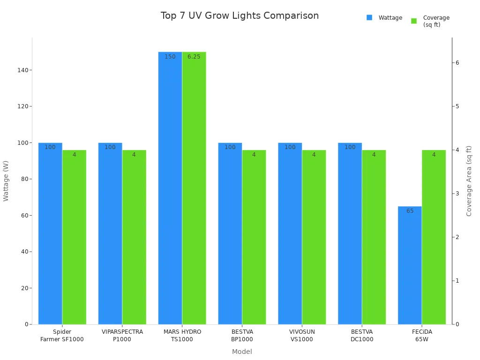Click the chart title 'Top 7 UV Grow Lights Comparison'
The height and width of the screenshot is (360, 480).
[240, 16]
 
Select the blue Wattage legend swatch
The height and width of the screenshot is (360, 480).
[369, 18]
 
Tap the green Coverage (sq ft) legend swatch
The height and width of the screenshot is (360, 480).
[414, 21]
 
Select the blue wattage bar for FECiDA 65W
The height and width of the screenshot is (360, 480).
[410, 267]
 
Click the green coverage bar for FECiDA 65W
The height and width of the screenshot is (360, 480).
[434, 239]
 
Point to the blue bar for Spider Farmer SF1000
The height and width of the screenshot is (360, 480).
[50, 234]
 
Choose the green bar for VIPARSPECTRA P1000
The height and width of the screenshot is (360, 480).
[134, 239]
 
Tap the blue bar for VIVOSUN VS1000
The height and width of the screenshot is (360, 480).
[290, 234]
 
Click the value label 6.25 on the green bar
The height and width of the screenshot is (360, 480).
[194, 57]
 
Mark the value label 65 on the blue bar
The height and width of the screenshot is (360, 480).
[410, 211]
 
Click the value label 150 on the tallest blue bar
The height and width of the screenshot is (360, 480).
[170, 57]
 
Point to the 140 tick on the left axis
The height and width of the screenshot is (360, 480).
[22, 70]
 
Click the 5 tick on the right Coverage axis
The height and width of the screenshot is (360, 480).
[457, 106]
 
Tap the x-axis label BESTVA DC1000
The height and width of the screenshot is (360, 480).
[362, 336]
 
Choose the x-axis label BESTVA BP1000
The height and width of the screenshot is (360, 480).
[242, 336]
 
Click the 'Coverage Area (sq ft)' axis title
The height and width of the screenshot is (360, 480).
[469, 181]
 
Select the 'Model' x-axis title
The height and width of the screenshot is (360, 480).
[242, 352]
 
